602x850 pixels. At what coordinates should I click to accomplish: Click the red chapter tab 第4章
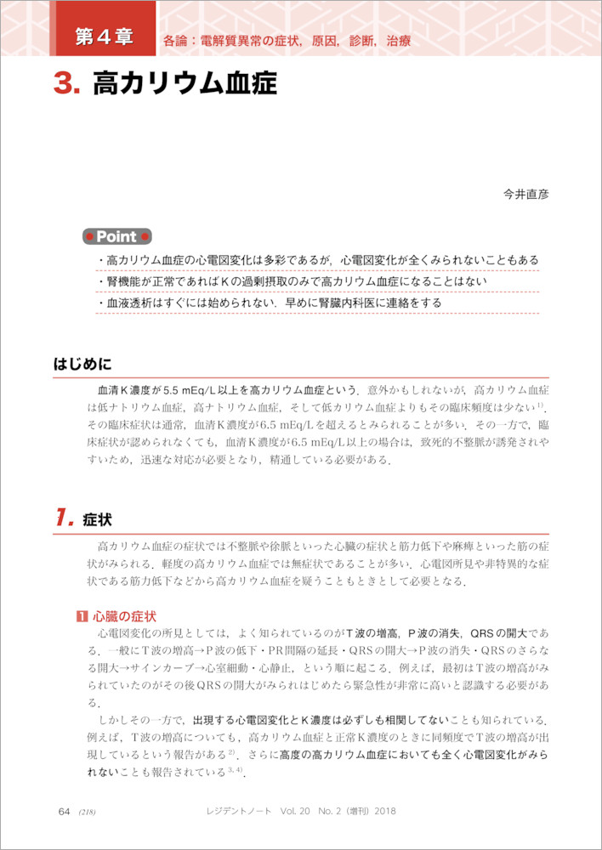point(104,37)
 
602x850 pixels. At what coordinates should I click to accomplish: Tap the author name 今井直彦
point(526,194)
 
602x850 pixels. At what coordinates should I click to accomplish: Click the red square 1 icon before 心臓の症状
point(81,615)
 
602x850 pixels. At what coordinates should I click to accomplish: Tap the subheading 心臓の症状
point(124,615)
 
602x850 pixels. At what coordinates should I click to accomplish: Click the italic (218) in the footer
point(87,812)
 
